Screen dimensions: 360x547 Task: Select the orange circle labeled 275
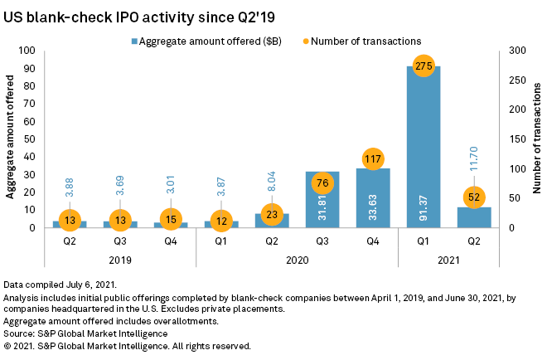point(424,66)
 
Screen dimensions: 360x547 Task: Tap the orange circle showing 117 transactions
point(373,158)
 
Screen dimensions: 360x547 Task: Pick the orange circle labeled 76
point(322,182)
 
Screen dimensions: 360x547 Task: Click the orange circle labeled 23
point(272,213)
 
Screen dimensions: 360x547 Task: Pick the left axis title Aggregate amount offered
point(12,139)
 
